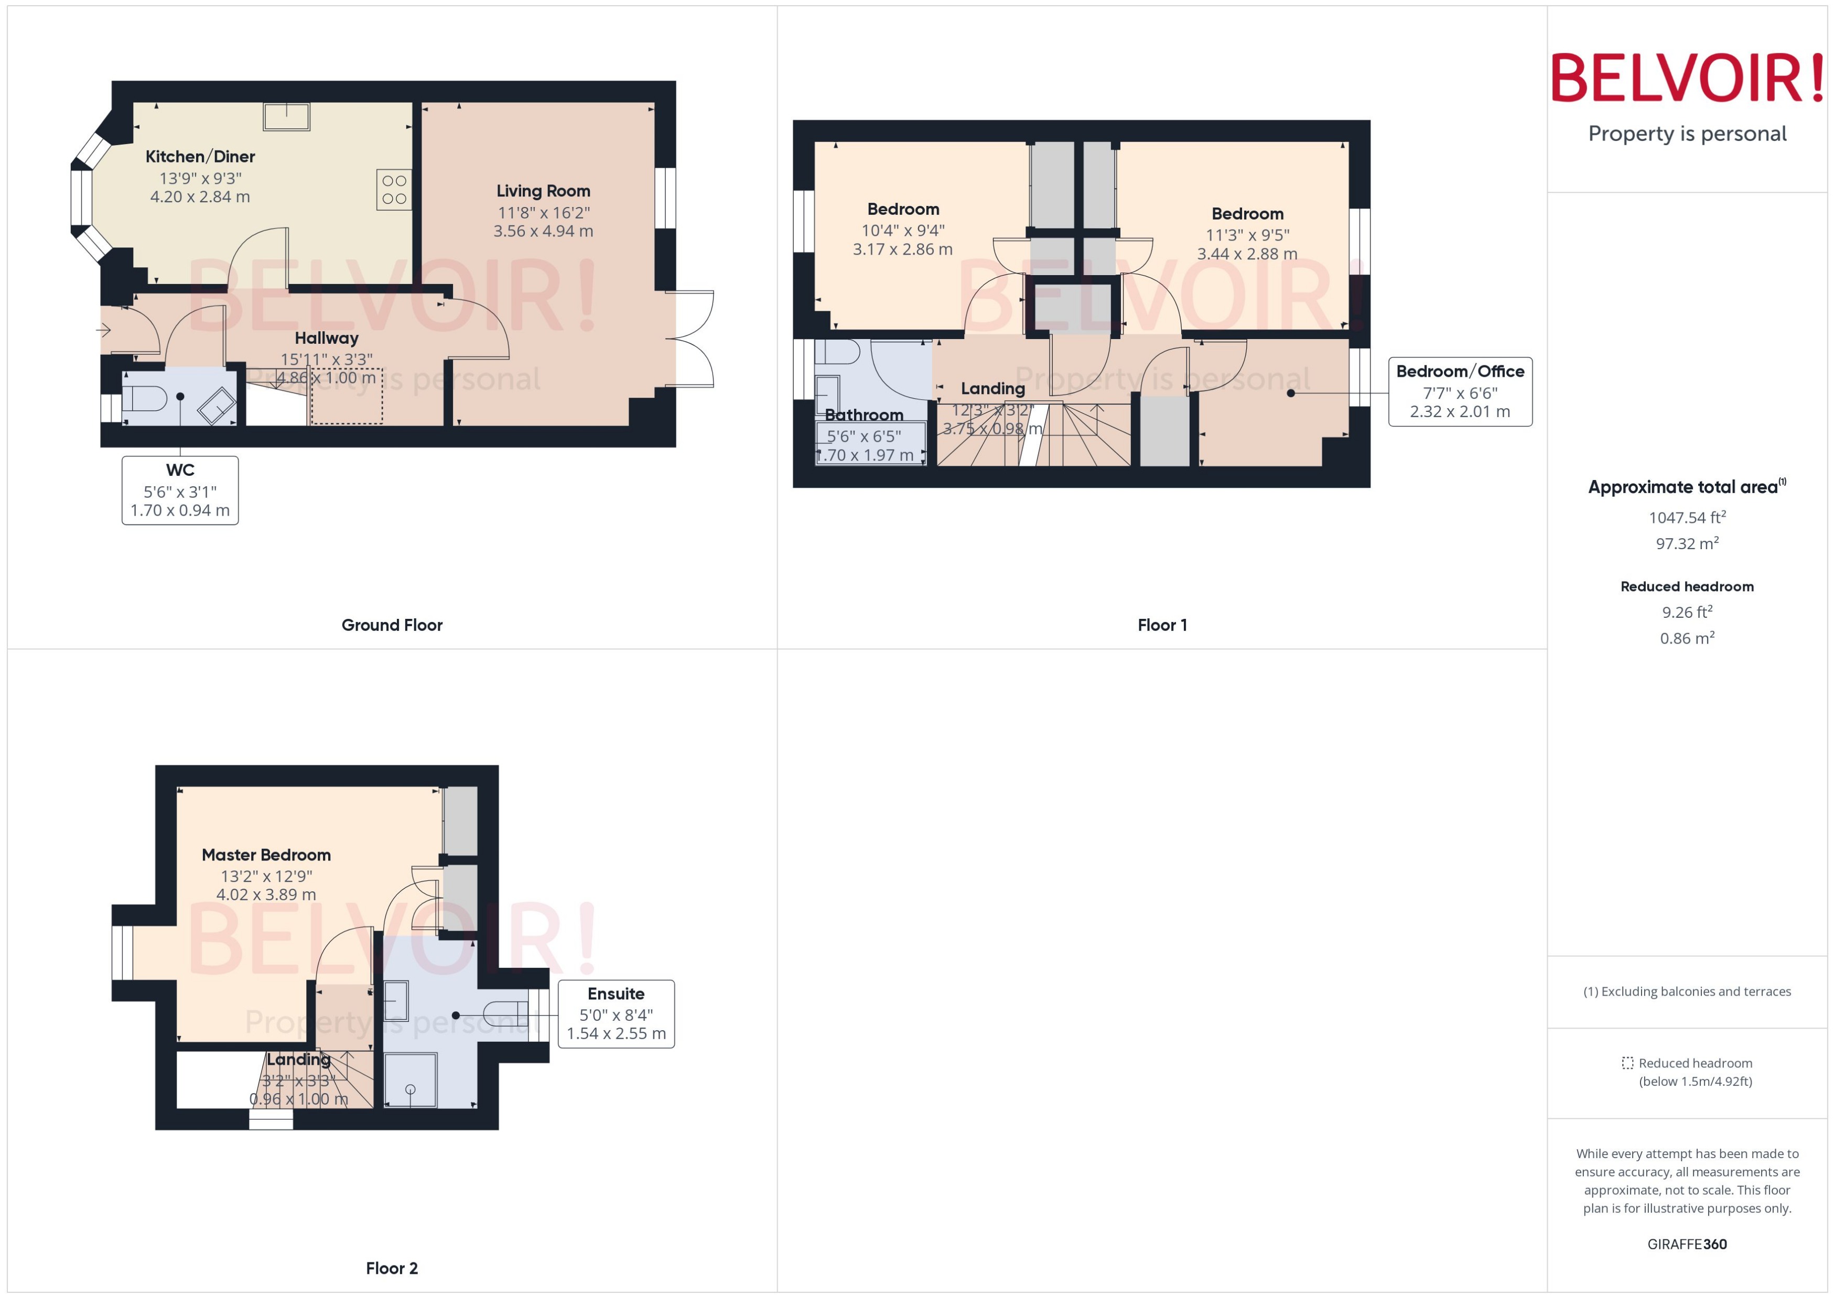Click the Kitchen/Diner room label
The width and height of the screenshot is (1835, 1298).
[x=200, y=157]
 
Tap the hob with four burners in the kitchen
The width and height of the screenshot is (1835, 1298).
[x=394, y=189]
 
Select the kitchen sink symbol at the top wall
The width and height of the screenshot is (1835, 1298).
[x=286, y=117]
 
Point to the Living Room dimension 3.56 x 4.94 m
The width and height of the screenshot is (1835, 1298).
[x=543, y=231]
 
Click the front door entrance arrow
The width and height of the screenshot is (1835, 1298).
[x=104, y=329]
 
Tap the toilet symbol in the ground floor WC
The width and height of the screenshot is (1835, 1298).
[x=144, y=397]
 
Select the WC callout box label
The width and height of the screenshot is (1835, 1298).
[x=180, y=471]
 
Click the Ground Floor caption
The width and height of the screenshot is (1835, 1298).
[x=392, y=625]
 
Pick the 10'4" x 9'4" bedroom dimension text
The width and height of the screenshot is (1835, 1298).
[x=903, y=230]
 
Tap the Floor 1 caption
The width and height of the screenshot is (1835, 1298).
[x=1162, y=625]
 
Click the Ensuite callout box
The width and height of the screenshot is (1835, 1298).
[x=616, y=1013]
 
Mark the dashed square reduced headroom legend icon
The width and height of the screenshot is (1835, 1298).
[x=1627, y=1063]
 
